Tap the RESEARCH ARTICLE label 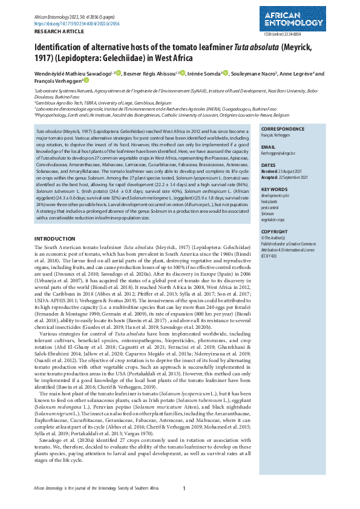click(55, 30)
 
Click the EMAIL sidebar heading click(268, 147)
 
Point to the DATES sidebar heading click(269, 165)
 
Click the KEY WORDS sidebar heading click(274, 189)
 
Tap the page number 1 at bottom click(184, 488)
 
